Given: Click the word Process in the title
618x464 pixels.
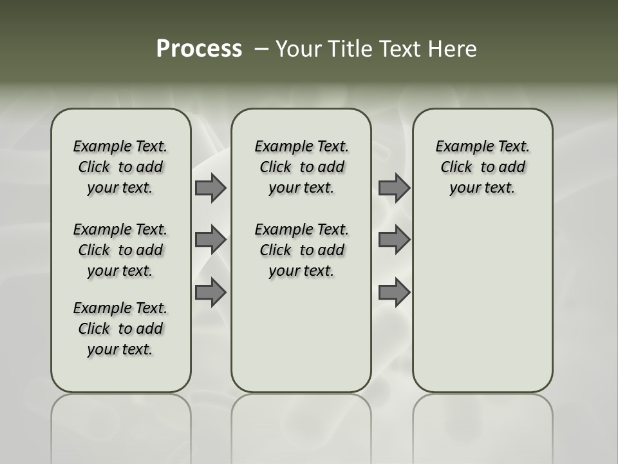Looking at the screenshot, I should coord(199,49).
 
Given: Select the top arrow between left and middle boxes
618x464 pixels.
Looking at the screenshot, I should coord(211,188).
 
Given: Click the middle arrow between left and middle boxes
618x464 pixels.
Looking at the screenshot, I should coord(211,240).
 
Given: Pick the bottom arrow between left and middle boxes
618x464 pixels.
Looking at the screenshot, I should coord(211,293).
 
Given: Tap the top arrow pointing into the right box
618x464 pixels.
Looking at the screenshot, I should coord(394,188).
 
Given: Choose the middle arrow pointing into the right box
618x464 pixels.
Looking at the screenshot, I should coord(394,240).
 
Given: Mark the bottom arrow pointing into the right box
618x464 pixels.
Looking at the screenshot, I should coord(394,293).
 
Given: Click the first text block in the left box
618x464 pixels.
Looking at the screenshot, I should coord(120,167).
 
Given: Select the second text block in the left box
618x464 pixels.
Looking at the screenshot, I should coord(120,250).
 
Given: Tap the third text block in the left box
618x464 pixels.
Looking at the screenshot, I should coord(120,329).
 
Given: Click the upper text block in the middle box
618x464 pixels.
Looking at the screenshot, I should coord(301,167).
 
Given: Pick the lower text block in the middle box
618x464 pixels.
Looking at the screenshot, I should coord(301,250).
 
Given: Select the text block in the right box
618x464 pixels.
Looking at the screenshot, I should coord(482,167).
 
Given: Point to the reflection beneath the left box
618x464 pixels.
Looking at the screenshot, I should coord(121,425).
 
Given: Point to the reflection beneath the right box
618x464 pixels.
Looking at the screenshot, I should coord(483,425).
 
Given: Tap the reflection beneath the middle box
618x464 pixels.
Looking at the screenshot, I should coord(301,425).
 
